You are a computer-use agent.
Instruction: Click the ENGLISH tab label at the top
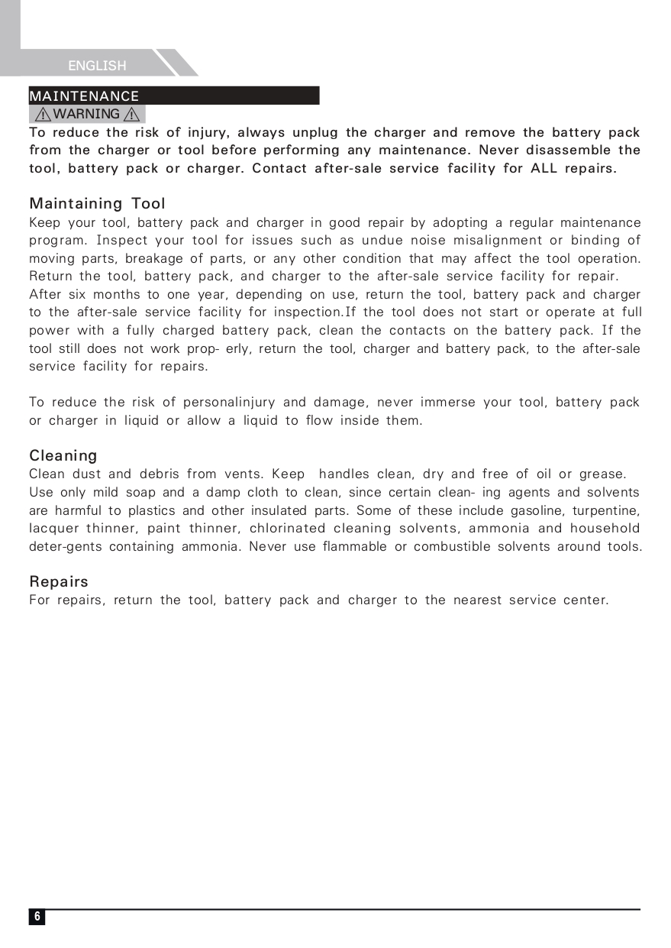(x=97, y=66)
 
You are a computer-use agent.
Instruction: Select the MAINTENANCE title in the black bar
(x=84, y=96)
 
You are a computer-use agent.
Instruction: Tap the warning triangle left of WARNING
(x=43, y=115)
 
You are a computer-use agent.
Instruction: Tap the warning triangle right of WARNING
(x=132, y=115)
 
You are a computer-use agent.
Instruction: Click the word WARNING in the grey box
(x=87, y=115)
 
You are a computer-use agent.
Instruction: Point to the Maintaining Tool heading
(x=97, y=204)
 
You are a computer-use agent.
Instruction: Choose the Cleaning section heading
(x=63, y=456)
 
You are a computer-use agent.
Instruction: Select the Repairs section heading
(x=59, y=582)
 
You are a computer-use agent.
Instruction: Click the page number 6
(x=37, y=917)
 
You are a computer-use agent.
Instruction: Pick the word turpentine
(x=608, y=510)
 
